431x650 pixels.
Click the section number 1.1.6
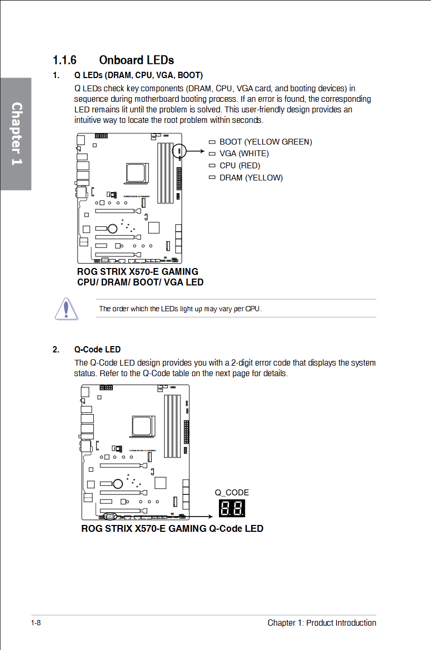coord(64,60)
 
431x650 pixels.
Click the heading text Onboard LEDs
coord(137,60)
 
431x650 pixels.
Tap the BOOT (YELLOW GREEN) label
coord(265,142)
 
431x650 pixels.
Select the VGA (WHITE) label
coord(244,154)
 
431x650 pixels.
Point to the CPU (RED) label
coord(240,166)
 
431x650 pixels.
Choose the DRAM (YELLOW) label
coord(251,178)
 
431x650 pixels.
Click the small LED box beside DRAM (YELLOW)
coord(212,177)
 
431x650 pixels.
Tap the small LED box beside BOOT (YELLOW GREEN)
coord(212,142)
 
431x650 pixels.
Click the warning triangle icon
coord(66,309)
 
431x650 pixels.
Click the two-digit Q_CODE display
coord(232,508)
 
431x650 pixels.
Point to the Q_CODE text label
coord(232,493)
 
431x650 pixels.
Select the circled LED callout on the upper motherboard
coord(179,151)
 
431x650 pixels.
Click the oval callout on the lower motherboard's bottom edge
coord(110,517)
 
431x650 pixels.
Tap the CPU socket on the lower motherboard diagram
coord(142,426)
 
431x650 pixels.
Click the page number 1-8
coord(36,623)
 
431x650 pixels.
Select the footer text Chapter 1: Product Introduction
coord(322,623)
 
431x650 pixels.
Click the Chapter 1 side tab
coord(16,134)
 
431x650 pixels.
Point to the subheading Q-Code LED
coord(97,349)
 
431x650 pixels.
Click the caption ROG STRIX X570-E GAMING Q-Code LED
coord(172,529)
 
